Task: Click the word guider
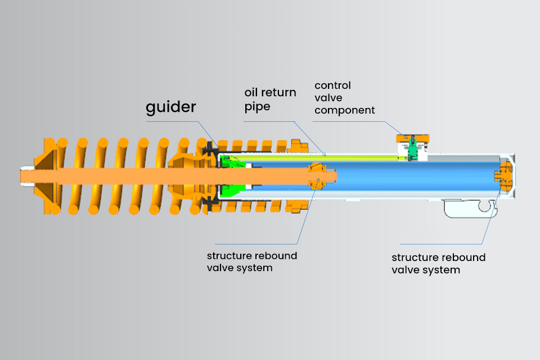[171, 107]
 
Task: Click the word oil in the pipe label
[252, 92]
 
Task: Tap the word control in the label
[332, 85]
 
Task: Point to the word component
[344, 110]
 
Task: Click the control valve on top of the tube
[412, 147]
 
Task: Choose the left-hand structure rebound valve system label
[251, 262]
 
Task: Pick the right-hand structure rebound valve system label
[438, 263]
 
